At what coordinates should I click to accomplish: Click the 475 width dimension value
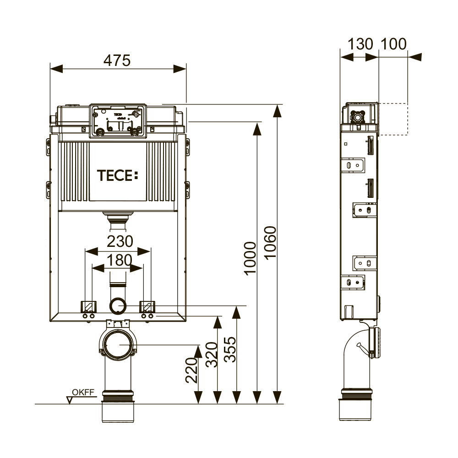pos(117,60)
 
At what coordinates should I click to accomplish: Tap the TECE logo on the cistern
pos(117,175)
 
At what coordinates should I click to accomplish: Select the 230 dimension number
pos(120,241)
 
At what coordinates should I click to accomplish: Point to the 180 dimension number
pos(119,260)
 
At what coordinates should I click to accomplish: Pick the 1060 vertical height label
pos(270,242)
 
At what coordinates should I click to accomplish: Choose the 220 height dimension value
pos(191,370)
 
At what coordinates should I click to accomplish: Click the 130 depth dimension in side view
pos(360,44)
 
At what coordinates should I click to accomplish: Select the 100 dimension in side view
pos(393,44)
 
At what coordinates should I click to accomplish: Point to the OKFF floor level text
pos(83,393)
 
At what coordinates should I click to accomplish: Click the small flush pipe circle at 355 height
pos(118,305)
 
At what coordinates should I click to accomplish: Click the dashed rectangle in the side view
pos(393,119)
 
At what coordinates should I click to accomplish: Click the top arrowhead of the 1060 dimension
pos(277,110)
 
